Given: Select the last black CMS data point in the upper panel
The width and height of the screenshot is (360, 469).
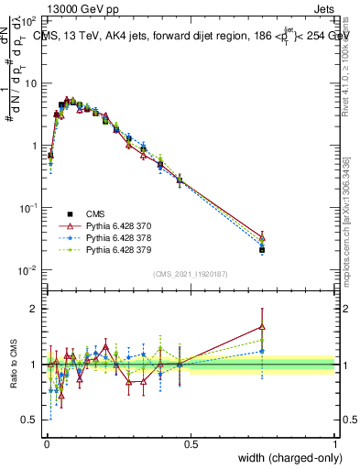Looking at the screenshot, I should pos(262,249).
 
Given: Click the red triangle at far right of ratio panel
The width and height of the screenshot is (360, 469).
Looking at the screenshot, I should pos(262,326).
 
